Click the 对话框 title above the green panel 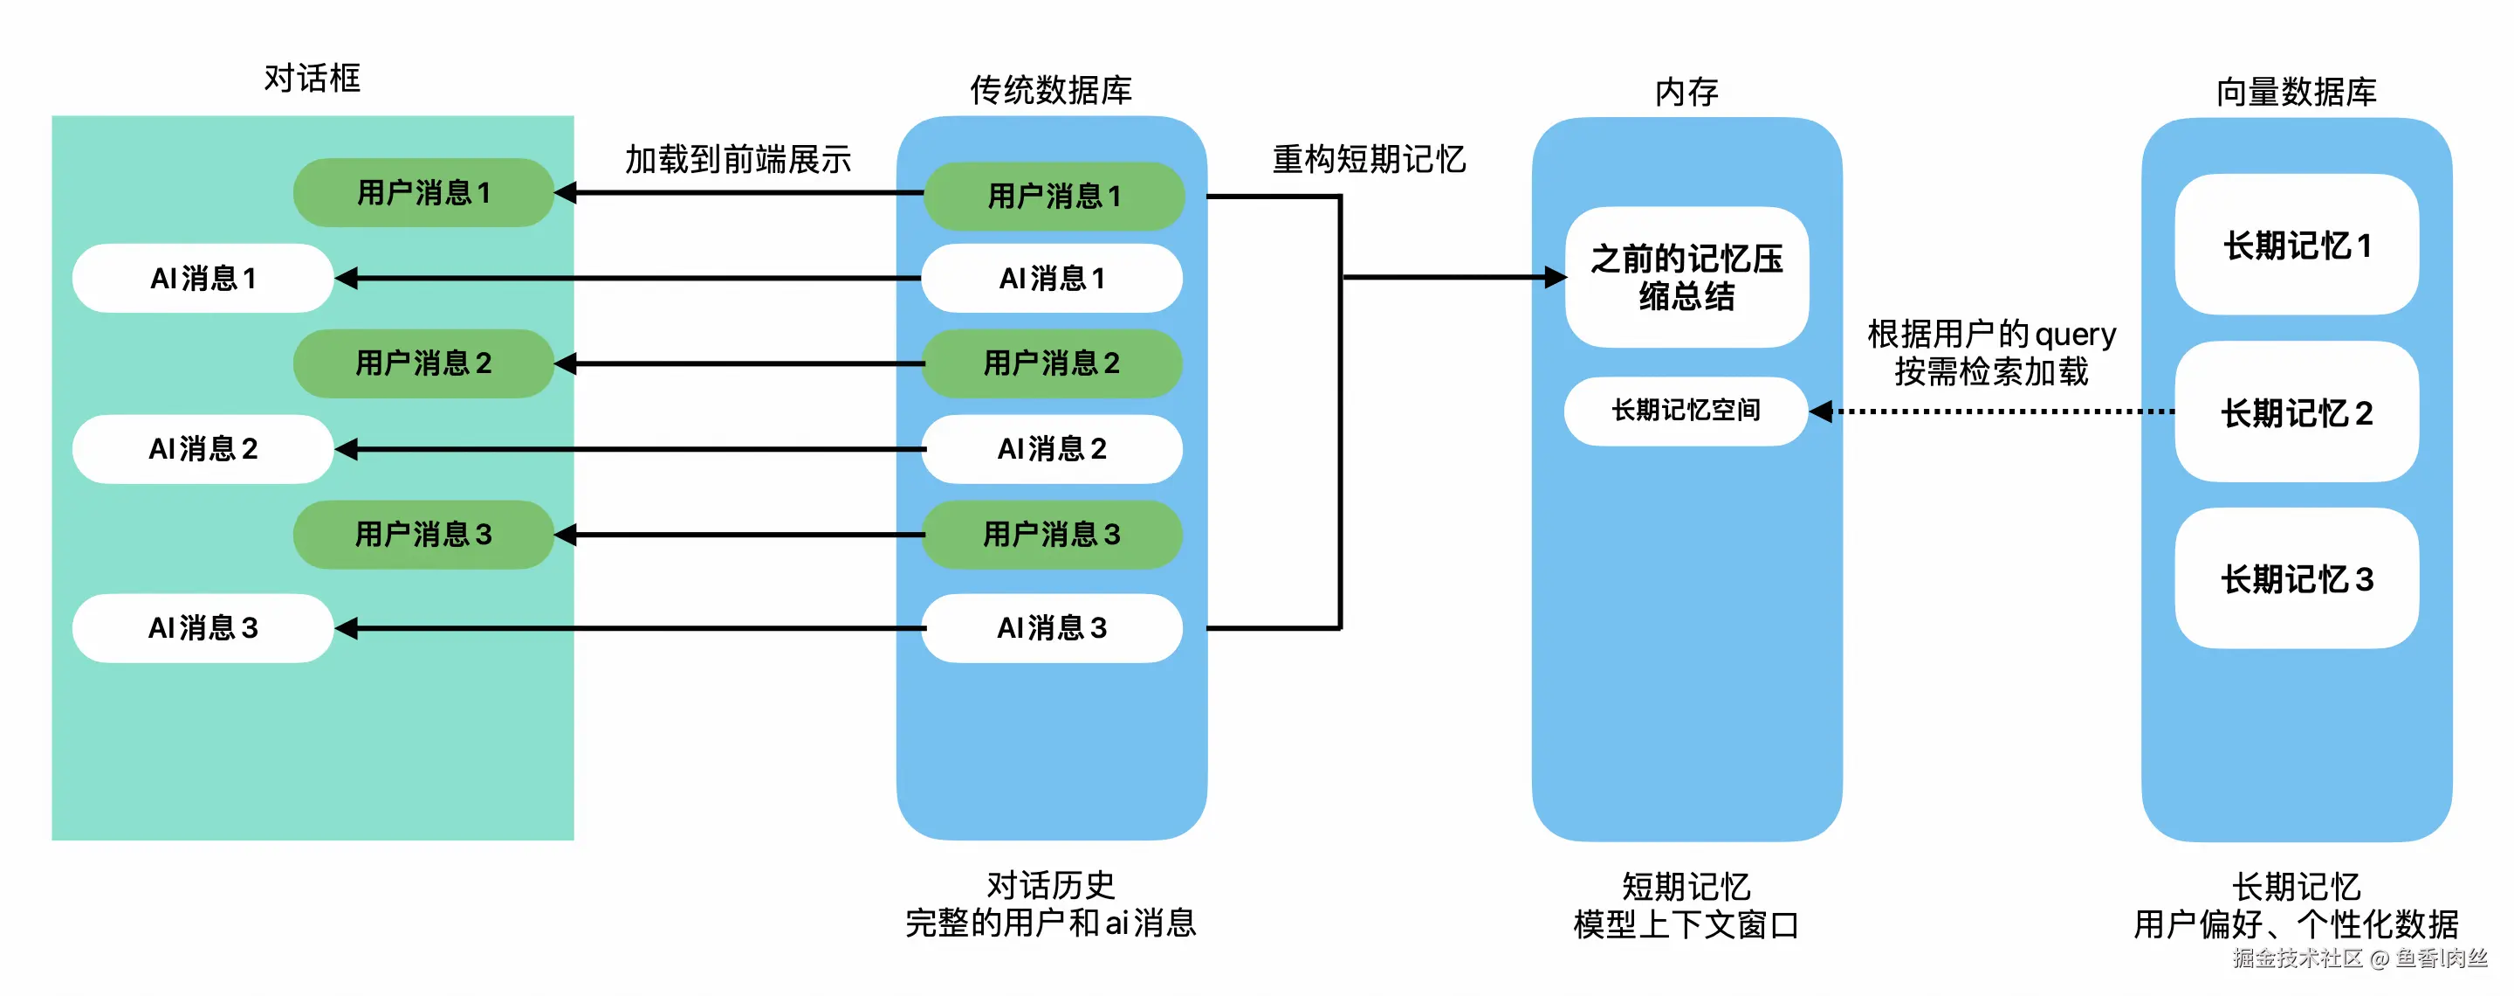[313, 78]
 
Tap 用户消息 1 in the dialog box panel [423, 193]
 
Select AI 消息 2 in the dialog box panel [203, 449]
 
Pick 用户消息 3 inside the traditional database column [1052, 534]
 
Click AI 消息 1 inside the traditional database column [1052, 279]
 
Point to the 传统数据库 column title [1051, 90]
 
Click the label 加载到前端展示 [738, 159]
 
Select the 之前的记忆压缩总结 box [1686, 277]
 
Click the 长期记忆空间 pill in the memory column [1686, 410]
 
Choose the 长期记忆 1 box [2297, 246]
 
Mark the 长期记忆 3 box [2297, 579]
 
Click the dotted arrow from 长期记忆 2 [1991, 412]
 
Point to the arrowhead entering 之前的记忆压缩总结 [1556, 277]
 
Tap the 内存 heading [1686, 92]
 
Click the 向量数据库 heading [2297, 92]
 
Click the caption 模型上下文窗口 [1686, 923]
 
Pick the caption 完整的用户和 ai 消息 [1051, 923]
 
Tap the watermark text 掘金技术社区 [2298, 958]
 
